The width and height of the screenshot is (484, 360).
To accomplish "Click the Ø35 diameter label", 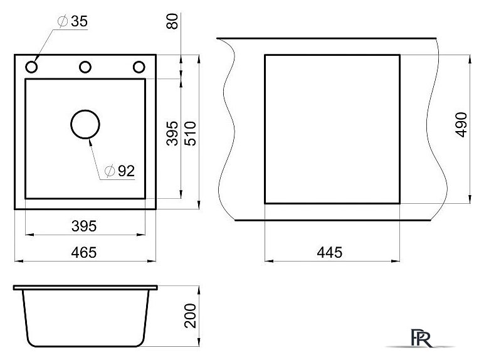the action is tap(73, 21).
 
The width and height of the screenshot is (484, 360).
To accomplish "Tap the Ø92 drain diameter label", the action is tap(120, 171).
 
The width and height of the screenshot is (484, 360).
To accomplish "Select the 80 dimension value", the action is tap(172, 21).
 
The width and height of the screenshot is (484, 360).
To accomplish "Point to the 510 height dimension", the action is tap(190, 134).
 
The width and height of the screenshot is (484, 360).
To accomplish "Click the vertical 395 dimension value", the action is tap(172, 134).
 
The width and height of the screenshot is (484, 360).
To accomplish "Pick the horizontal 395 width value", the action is tap(84, 226).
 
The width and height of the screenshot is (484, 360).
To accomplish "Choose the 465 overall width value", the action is tap(84, 253).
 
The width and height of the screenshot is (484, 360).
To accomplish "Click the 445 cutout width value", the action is tap(330, 252).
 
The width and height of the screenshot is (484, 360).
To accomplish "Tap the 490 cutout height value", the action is tap(461, 124).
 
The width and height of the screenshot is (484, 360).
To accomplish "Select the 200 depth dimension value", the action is tap(190, 315).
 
